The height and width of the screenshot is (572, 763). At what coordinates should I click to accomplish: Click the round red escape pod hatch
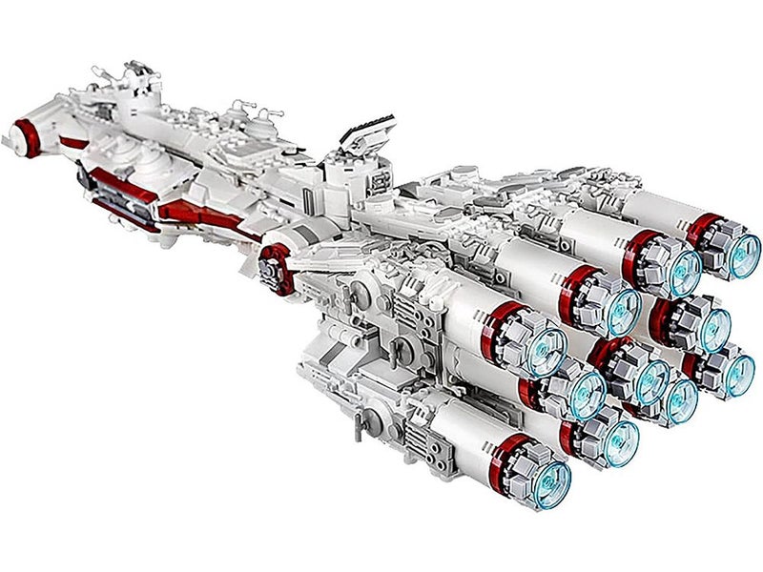coord(273,257)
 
